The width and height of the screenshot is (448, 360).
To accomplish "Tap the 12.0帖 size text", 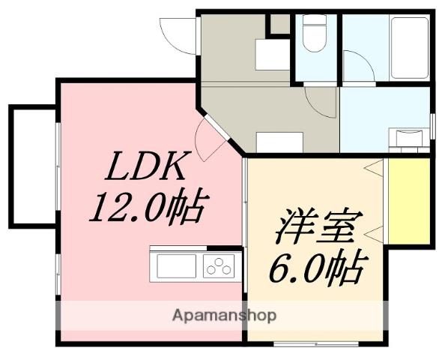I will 146,207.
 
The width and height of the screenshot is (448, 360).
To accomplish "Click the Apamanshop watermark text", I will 225,315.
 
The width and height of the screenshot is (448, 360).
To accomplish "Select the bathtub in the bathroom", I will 409,46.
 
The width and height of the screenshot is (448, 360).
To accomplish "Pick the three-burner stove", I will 219,265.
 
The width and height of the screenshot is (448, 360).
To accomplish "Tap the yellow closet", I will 409,200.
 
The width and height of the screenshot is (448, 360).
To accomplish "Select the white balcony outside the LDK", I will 33,166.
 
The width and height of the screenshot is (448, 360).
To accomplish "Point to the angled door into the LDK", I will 208,137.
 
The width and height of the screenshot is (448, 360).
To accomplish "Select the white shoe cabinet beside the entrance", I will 272,54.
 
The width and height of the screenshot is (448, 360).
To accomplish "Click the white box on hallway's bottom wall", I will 279,142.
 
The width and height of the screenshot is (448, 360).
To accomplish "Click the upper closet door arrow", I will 375,169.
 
